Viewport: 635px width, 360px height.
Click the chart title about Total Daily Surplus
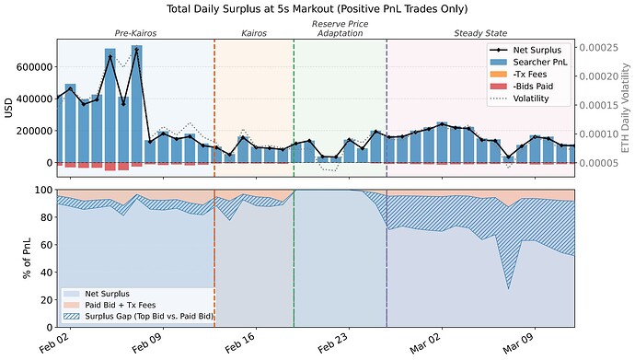317,8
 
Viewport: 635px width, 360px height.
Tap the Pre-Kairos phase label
134,33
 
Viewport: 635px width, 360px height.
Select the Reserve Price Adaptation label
340,28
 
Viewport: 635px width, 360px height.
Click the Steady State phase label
479,33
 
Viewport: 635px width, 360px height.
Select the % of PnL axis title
12,259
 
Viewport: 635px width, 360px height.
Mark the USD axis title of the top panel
8,108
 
